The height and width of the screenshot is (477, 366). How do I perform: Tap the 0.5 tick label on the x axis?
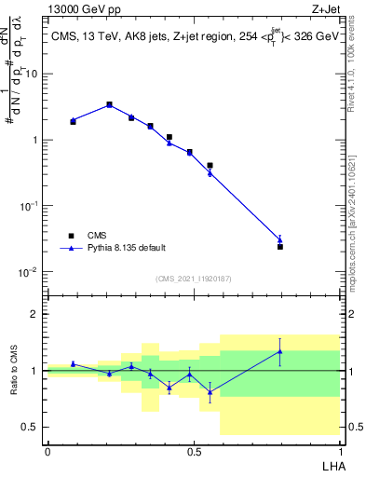pos(193,451)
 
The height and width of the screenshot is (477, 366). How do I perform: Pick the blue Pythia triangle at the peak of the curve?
pos(109,105)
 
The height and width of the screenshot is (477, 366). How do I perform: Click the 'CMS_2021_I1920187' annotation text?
pos(192,279)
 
